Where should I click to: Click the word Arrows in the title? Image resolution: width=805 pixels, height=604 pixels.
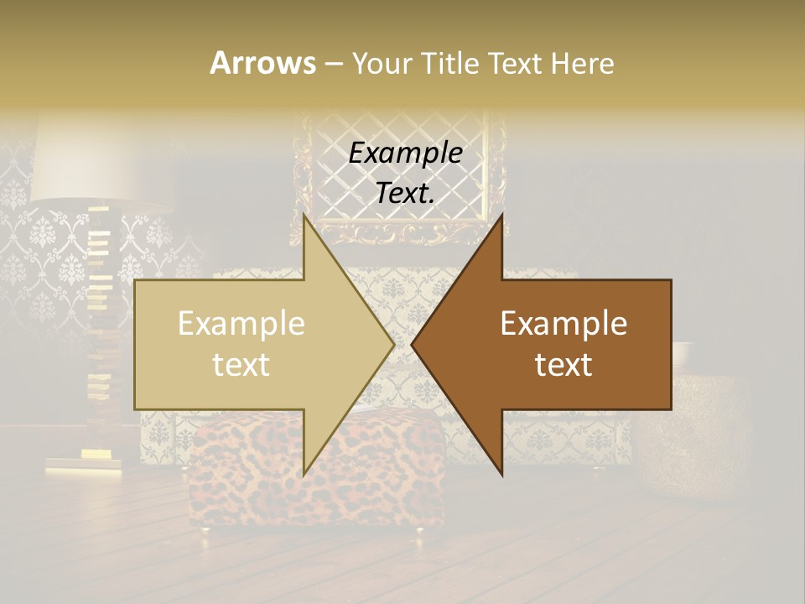pyautogui.click(x=262, y=63)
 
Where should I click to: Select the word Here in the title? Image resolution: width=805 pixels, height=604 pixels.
pyautogui.click(x=581, y=63)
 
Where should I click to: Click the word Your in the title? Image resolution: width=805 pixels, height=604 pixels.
pyautogui.click(x=382, y=63)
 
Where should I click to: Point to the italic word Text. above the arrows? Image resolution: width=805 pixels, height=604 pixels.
pyautogui.click(x=405, y=194)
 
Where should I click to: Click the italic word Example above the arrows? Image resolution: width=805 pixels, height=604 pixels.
pyautogui.click(x=405, y=154)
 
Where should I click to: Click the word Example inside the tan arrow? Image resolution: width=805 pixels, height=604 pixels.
pyautogui.click(x=241, y=324)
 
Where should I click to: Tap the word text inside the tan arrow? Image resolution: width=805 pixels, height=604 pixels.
pyautogui.click(x=241, y=365)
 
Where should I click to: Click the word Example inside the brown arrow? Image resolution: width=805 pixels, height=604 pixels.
pyautogui.click(x=563, y=324)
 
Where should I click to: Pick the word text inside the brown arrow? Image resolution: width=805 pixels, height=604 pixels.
pyautogui.click(x=563, y=365)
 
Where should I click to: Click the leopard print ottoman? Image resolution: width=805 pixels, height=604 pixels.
pyautogui.click(x=252, y=495)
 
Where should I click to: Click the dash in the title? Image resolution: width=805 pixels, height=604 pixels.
pyautogui.click(x=333, y=64)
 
